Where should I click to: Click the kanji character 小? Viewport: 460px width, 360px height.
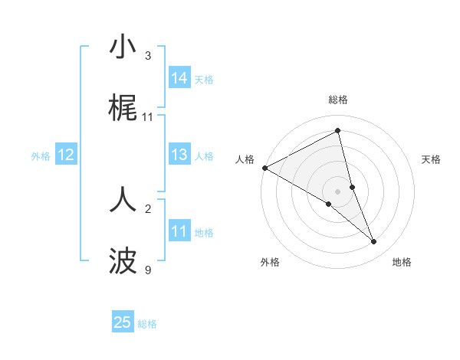(x=123, y=47)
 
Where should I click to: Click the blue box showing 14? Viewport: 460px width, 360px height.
(x=179, y=78)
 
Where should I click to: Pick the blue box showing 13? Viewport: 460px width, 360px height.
(x=179, y=155)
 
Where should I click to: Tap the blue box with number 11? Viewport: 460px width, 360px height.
(x=179, y=231)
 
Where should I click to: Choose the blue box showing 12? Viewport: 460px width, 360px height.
(x=66, y=155)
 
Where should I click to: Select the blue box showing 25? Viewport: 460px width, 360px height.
(x=123, y=322)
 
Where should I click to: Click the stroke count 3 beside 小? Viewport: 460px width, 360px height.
(x=148, y=56)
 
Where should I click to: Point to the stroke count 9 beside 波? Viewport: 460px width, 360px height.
(x=148, y=270)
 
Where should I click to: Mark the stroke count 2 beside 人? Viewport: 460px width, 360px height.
(x=148, y=208)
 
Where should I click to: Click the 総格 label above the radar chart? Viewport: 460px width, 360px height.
(x=338, y=100)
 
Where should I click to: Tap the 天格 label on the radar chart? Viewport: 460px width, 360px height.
(x=432, y=159)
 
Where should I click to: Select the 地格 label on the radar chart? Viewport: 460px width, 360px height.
(x=402, y=262)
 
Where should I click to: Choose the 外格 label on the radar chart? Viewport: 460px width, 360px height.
(x=270, y=262)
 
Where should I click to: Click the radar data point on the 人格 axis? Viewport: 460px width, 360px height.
(x=264, y=168)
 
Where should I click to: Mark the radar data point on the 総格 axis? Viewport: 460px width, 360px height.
(x=338, y=131)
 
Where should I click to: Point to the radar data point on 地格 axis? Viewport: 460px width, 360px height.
(x=374, y=241)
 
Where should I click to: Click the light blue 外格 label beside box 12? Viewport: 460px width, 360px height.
(x=41, y=155)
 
